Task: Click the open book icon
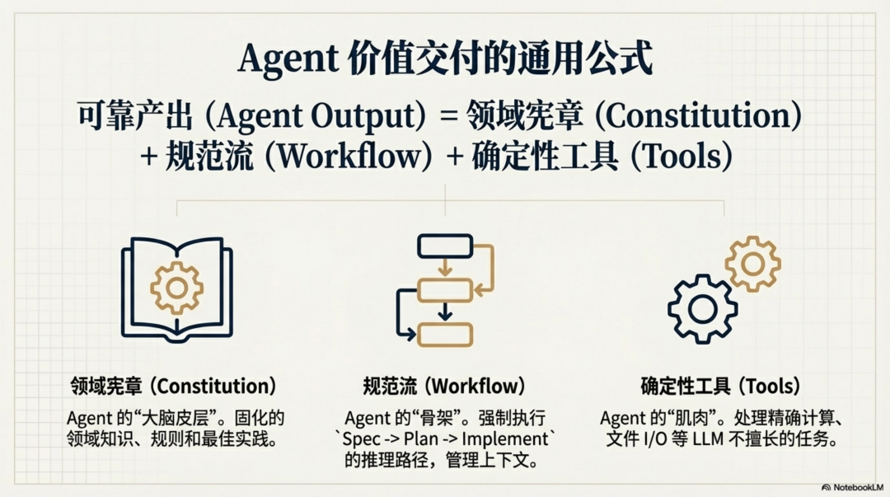176,288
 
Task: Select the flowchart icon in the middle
445,288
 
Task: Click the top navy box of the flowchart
445,246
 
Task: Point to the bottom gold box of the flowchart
445,335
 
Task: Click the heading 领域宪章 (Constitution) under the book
173,386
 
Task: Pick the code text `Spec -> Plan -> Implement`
445,438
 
